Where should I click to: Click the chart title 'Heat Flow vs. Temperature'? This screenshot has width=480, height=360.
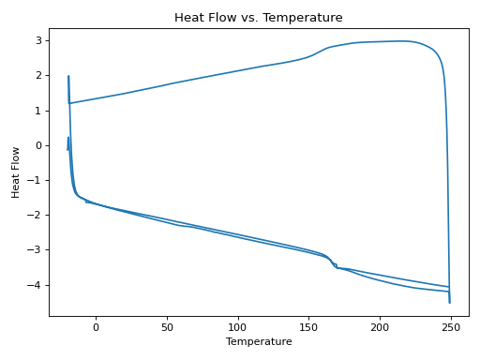pos(258,17)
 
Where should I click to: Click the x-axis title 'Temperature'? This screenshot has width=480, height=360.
pos(258,342)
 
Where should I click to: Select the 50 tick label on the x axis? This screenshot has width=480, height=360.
pos(167,326)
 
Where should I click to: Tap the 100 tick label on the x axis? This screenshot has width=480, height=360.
pos(238,326)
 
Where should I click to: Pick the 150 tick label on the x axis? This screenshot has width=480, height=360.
pos(309,326)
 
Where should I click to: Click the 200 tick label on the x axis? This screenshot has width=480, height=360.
pos(380,326)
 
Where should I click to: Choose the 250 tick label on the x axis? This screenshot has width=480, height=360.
pos(451,326)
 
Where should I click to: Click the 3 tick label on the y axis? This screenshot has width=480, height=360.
pos(38,40)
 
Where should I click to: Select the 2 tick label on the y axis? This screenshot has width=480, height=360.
pos(38,75)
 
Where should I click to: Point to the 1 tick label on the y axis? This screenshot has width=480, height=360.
pos(38,111)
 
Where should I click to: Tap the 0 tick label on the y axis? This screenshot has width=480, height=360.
pos(38,145)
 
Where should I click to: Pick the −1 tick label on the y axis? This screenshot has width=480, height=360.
pos(36,180)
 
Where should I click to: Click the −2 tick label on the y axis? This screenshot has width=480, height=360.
pos(36,216)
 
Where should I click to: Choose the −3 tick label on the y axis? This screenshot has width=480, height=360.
pos(36,250)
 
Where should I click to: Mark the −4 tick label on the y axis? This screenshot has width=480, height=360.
pos(36,285)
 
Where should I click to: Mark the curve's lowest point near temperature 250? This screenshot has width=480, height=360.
pos(450,302)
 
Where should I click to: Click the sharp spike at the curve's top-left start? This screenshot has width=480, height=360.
pos(68,77)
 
